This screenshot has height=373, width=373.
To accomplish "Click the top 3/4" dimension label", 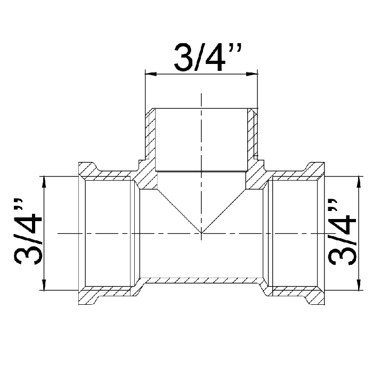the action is (x=208, y=58).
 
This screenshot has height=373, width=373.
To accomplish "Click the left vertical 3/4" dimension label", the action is (x=28, y=231).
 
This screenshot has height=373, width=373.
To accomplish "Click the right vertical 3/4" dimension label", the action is (x=342, y=231).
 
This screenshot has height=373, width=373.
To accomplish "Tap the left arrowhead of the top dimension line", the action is (x=151, y=74).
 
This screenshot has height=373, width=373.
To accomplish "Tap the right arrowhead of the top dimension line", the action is (x=252, y=74).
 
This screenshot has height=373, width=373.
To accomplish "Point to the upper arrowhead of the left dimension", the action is (x=44, y=182).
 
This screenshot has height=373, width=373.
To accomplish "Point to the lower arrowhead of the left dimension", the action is (x=44, y=285).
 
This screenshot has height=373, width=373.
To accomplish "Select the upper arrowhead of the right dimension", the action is (x=359, y=182).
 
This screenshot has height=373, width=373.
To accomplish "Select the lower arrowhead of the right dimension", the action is (x=359, y=285).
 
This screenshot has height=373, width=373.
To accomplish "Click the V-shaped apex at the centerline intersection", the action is (x=201, y=233).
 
